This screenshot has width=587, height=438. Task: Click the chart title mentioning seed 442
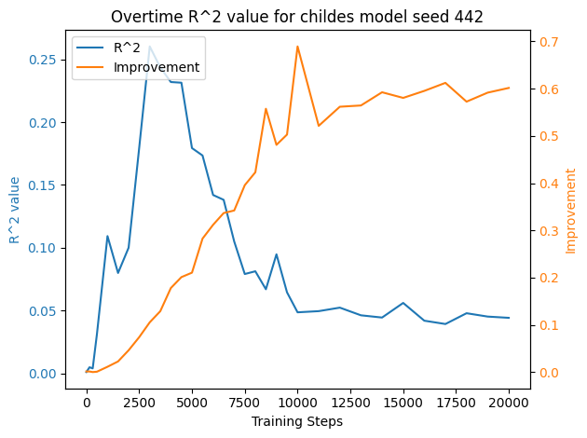click(x=297, y=16)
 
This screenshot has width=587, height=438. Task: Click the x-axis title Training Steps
click(x=297, y=421)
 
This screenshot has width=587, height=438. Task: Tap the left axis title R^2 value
click(x=15, y=210)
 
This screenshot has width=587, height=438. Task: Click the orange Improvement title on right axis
click(x=570, y=211)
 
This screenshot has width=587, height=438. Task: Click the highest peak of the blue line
click(x=150, y=47)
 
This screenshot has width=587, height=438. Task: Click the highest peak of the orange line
click(x=297, y=47)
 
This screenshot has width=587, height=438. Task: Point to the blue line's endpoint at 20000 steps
click(x=509, y=318)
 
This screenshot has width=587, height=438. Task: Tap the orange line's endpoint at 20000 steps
click(x=509, y=88)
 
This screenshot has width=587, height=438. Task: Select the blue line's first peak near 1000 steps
click(x=107, y=236)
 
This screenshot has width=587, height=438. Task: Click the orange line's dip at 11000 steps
click(x=319, y=126)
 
